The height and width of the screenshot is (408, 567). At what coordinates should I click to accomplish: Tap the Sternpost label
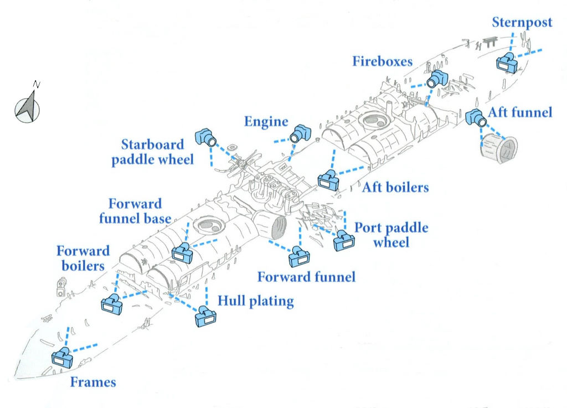click(522, 23)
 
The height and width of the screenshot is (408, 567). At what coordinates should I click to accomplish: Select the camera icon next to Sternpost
click(507, 63)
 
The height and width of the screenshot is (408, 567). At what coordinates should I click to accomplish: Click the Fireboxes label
click(383, 61)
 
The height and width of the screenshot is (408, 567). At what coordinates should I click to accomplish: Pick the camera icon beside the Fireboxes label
click(437, 78)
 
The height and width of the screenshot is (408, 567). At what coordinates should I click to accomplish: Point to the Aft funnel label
click(520, 112)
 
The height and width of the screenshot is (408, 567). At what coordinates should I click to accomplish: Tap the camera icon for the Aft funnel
click(475, 117)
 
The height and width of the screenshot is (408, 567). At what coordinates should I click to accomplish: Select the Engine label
click(266, 122)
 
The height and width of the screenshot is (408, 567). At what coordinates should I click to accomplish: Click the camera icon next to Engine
click(301, 133)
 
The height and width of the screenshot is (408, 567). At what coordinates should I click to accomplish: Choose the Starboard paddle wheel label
click(153, 152)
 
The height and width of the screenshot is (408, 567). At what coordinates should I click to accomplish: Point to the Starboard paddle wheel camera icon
click(206, 137)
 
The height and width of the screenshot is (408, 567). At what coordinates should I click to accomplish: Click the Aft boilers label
click(395, 187)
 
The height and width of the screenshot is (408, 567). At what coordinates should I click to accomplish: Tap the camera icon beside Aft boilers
click(328, 181)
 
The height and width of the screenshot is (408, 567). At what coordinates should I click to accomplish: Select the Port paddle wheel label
click(391, 235)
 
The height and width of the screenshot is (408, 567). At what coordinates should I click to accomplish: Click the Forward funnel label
click(306, 276)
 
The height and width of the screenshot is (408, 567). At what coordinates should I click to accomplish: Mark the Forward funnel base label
click(135, 211)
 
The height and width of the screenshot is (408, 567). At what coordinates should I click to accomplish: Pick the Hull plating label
click(255, 301)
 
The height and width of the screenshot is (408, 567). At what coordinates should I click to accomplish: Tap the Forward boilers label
click(83, 259)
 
